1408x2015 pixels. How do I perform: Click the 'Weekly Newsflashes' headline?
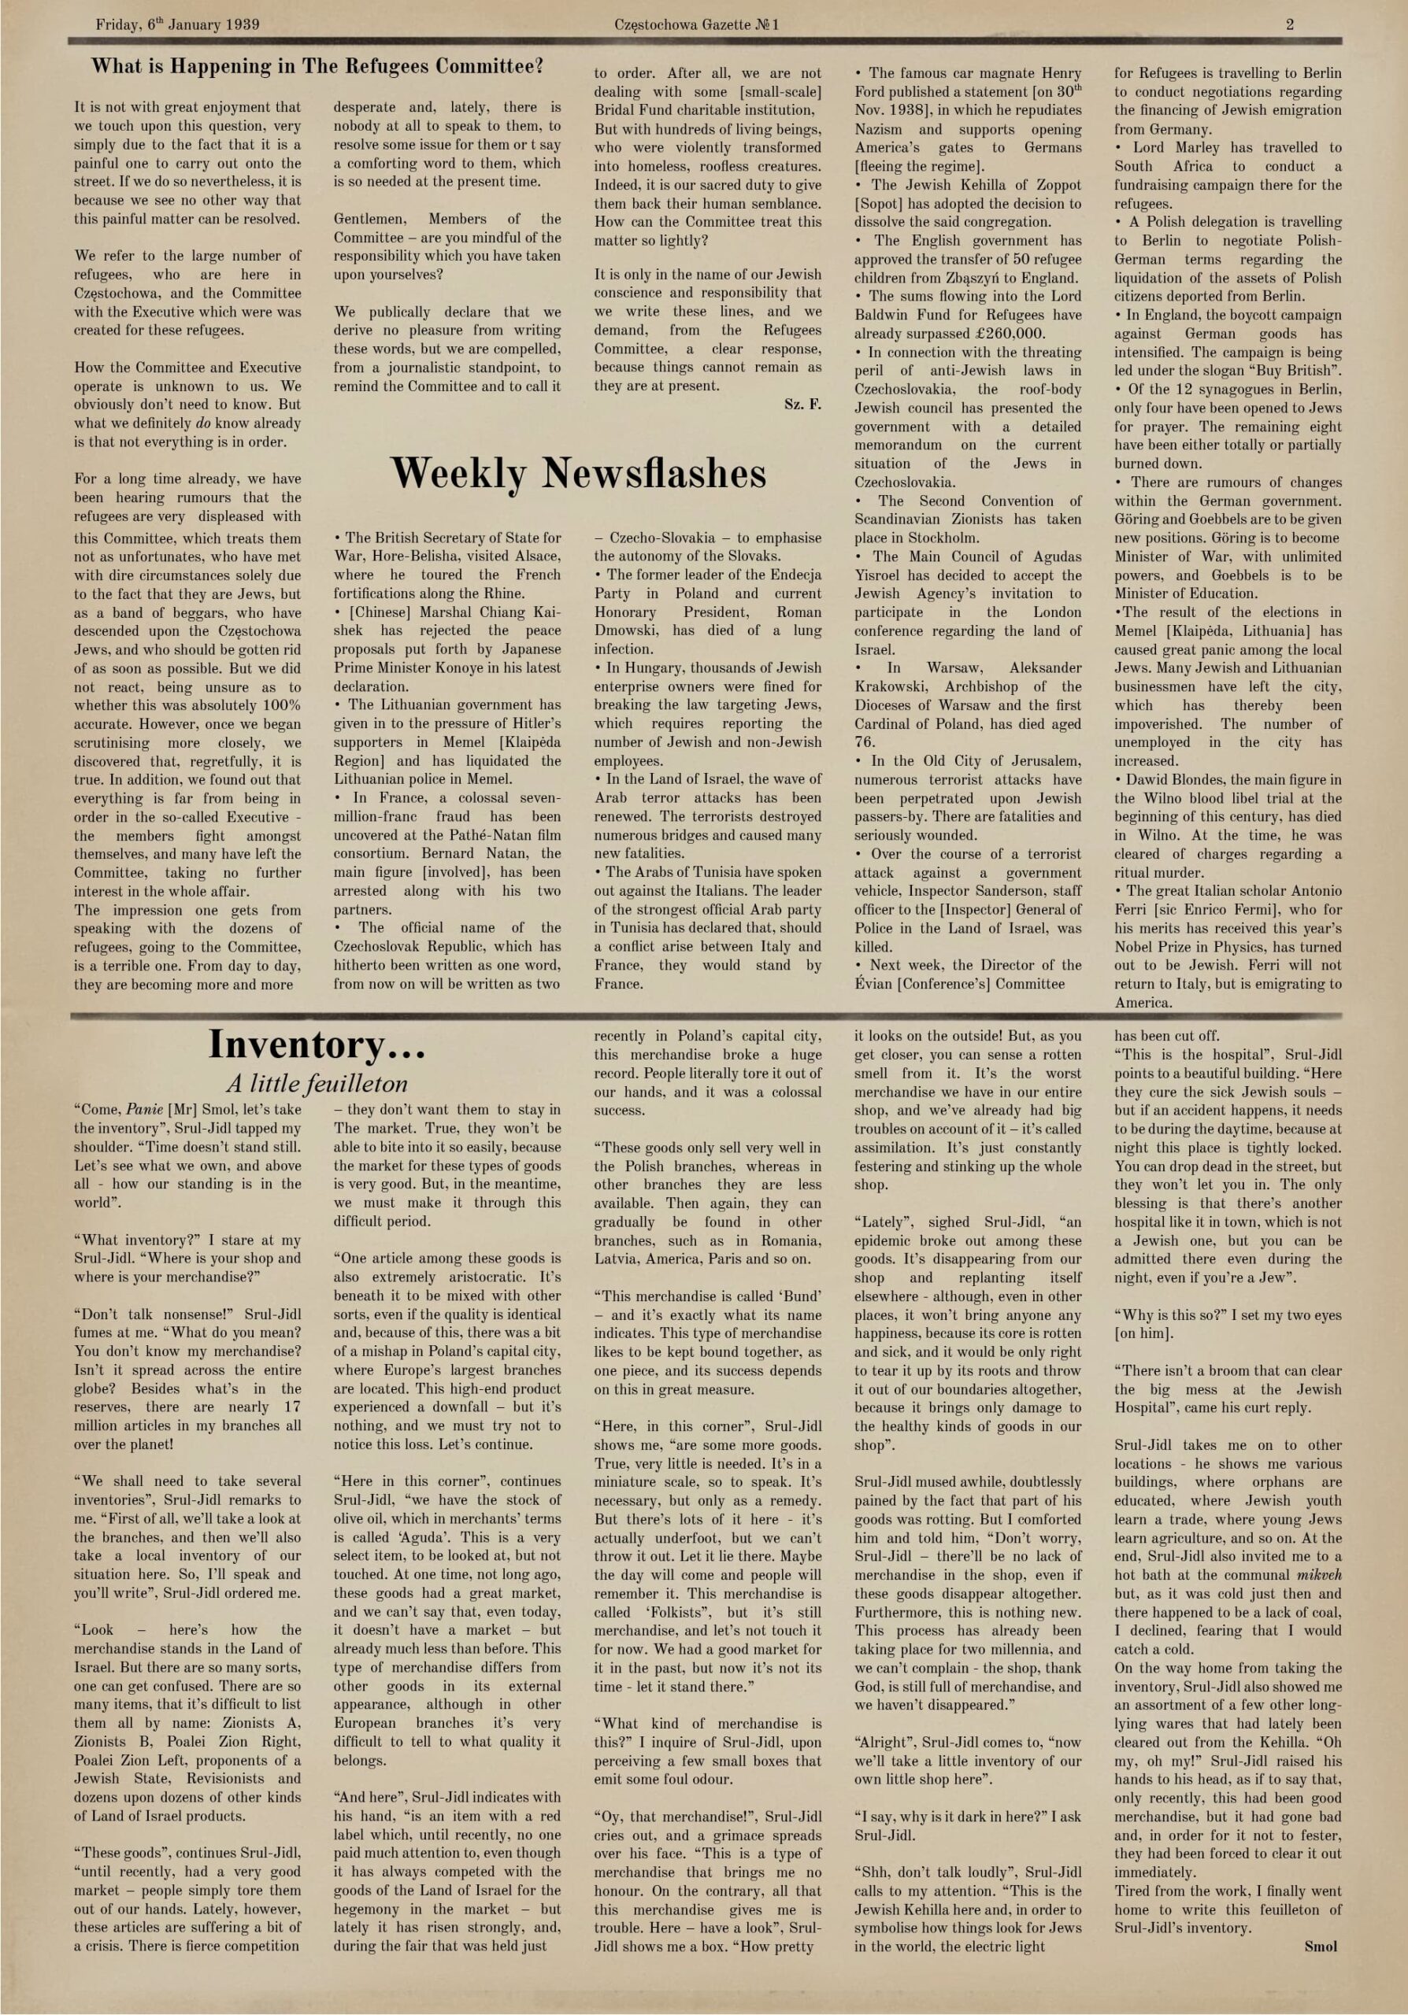pyautogui.click(x=577, y=474)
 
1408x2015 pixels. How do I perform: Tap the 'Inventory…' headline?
pyautogui.click(x=317, y=1044)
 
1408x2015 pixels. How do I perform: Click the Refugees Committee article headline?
pyautogui.click(x=317, y=67)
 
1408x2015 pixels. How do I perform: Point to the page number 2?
pyautogui.click(x=1290, y=24)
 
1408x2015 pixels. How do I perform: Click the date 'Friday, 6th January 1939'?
pyautogui.click(x=177, y=24)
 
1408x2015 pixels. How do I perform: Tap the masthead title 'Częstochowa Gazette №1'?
pyautogui.click(x=697, y=24)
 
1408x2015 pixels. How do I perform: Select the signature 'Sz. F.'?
pyautogui.click(x=802, y=405)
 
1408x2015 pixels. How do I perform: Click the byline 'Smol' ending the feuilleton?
pyautogui.click(x=1321, y=1947)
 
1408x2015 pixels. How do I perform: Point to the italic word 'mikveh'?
pyautogui.click(x=1318, y=1574)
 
